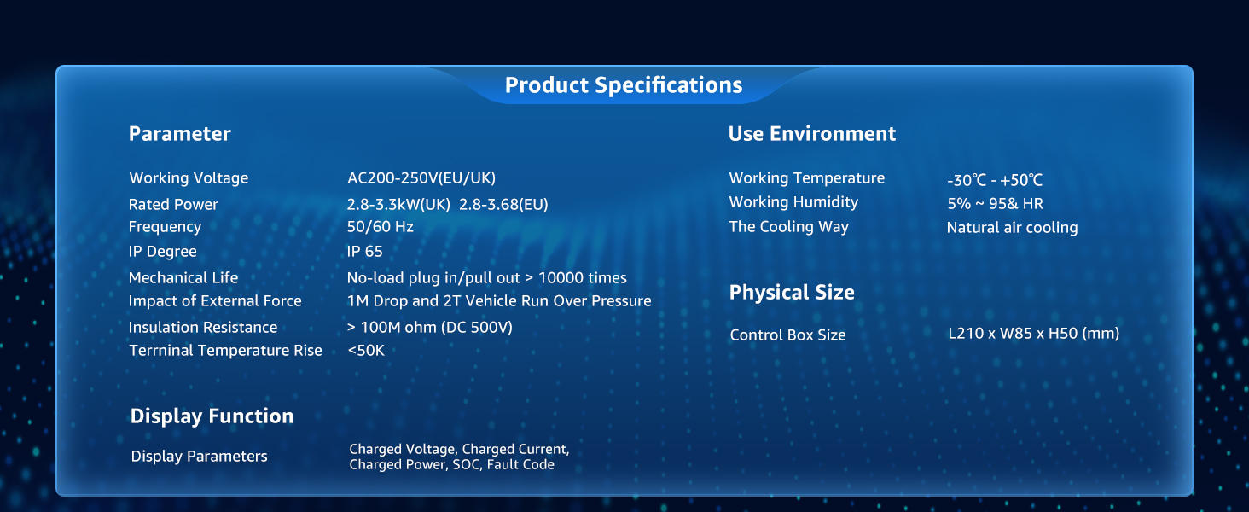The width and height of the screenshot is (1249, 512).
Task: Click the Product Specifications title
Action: (624, 85)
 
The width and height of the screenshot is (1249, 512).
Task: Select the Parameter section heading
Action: (179, 134)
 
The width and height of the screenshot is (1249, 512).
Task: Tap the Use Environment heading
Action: (812, 134)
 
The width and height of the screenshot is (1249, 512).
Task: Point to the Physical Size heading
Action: (792, 293)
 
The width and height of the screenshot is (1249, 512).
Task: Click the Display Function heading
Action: (212, 416)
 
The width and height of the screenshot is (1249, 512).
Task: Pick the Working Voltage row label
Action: (189, 178)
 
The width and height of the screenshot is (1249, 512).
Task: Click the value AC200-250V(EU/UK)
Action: (421, 177)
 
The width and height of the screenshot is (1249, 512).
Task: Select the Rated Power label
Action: (173, 204)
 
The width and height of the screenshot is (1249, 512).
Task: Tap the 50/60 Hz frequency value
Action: (381, 226)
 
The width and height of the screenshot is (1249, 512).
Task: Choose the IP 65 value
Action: (364, 252)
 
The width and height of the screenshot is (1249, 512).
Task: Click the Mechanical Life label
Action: (183, 277)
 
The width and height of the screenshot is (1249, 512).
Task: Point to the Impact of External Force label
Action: (215, 301)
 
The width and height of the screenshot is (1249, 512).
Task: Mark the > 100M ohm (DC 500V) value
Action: (430, 328)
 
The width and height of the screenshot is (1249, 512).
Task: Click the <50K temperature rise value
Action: (366, 350)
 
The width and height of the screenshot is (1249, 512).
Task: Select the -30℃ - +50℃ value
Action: (995, 180)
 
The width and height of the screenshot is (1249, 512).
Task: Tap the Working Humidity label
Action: (793, 202)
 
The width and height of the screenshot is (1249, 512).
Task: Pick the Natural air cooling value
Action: (1012, 228)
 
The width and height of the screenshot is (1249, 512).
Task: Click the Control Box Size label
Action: (787, 335)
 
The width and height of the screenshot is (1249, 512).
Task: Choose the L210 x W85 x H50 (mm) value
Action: (1034, 334)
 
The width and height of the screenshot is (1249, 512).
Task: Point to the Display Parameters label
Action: (199, 457)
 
